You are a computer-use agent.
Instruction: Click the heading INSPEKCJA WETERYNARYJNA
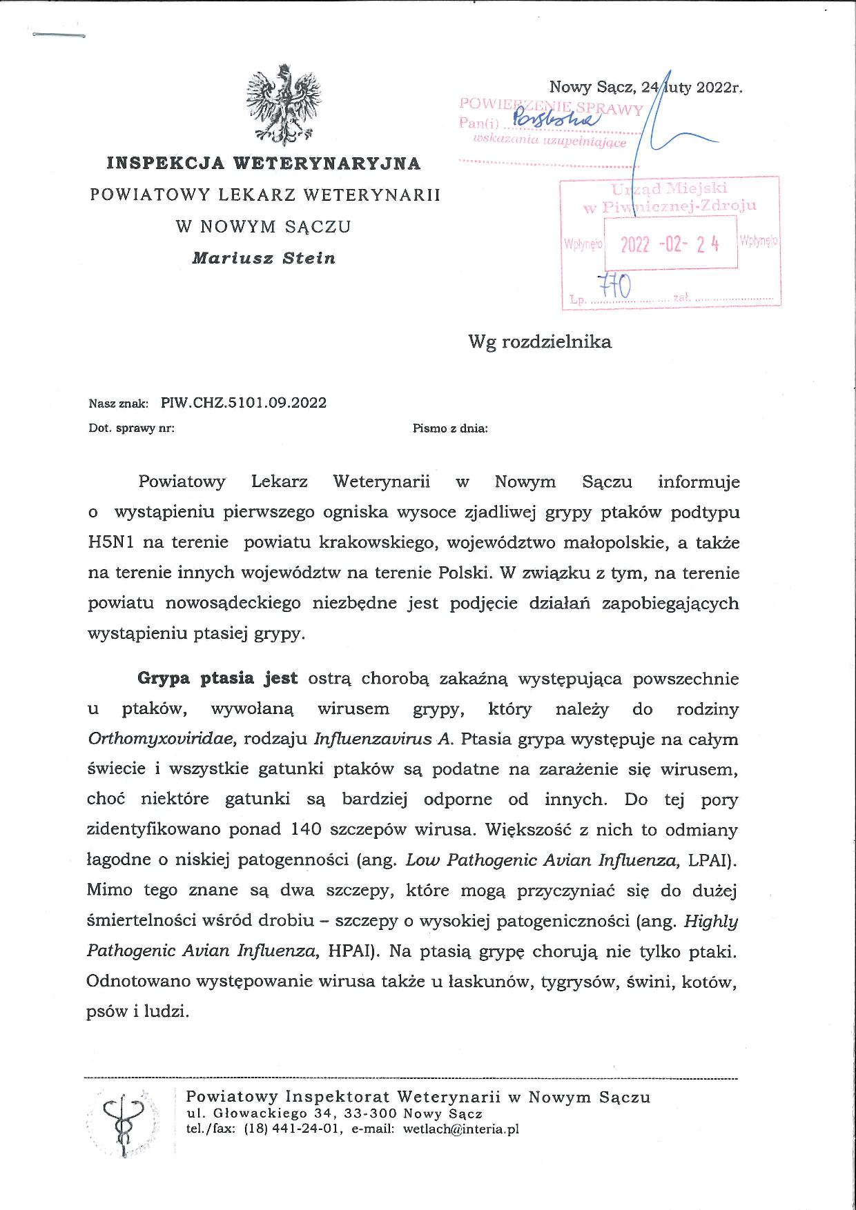pyautogui.click(x=264, y=163)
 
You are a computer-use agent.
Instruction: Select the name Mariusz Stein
pyautogui.click(x=264, y=258)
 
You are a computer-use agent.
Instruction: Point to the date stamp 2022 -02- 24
pyautogui.click(x=670, y=244)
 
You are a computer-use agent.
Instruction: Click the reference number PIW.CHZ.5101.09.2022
pyautogui.click(x=244, y=403)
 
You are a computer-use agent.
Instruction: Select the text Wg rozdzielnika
pyautogui.click(x=540, y=341)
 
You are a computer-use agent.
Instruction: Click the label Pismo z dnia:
pyautogui.click(x=450, y=428)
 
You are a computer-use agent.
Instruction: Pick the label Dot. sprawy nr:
pyautogui.click(x=131, y=428)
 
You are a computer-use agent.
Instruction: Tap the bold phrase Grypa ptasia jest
pyautogui.click(x=217, y=678)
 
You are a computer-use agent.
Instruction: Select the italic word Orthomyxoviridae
pyautogui.click(x=162, y=740)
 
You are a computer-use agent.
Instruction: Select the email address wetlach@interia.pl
pyautogui.click(x=460, y=1129)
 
